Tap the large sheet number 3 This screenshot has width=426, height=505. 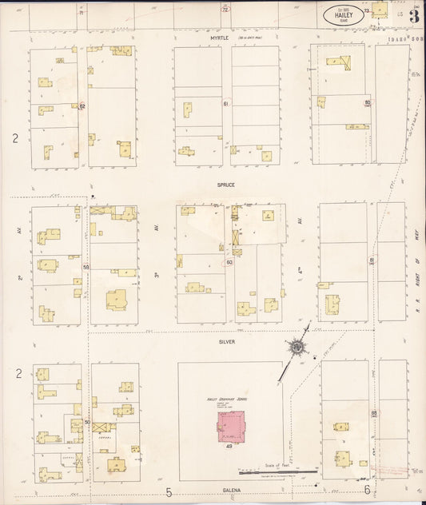414,15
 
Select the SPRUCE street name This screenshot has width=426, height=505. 225,185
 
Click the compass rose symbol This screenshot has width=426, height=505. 297,347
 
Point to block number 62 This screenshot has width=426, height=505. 82,105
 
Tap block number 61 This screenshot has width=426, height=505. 226,104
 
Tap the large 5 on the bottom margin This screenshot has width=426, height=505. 169,491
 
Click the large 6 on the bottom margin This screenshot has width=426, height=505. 367,491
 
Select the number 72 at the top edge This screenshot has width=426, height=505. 225,10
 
